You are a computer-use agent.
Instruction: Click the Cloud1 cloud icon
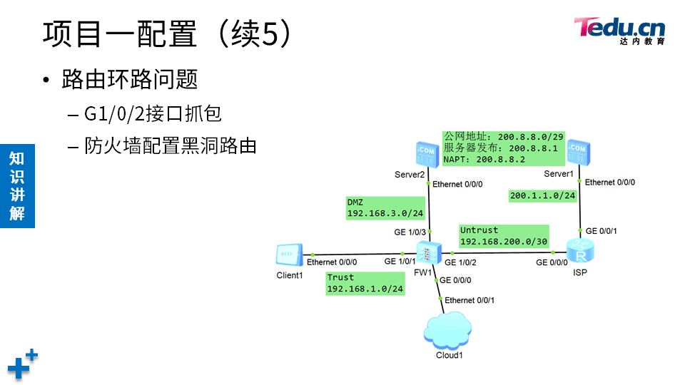click(447, 332)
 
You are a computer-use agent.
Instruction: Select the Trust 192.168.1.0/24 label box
click(365, 283)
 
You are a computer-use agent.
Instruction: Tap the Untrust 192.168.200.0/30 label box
click(504, 236)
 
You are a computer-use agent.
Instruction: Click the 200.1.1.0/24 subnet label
click(542, 195)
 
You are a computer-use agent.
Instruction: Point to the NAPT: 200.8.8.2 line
click(484, 160)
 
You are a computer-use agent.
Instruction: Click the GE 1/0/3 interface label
click(410, 232)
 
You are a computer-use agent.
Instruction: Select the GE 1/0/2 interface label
click(460, 263)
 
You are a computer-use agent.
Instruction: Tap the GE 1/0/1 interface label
click(400, 262)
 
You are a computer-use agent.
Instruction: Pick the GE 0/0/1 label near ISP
click(602, 231)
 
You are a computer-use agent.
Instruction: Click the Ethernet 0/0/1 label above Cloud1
click(470, 300)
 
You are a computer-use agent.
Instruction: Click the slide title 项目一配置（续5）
click(168, 34)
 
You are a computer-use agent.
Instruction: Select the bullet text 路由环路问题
click(129, 79)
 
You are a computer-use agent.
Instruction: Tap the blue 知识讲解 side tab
click(17, 185)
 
